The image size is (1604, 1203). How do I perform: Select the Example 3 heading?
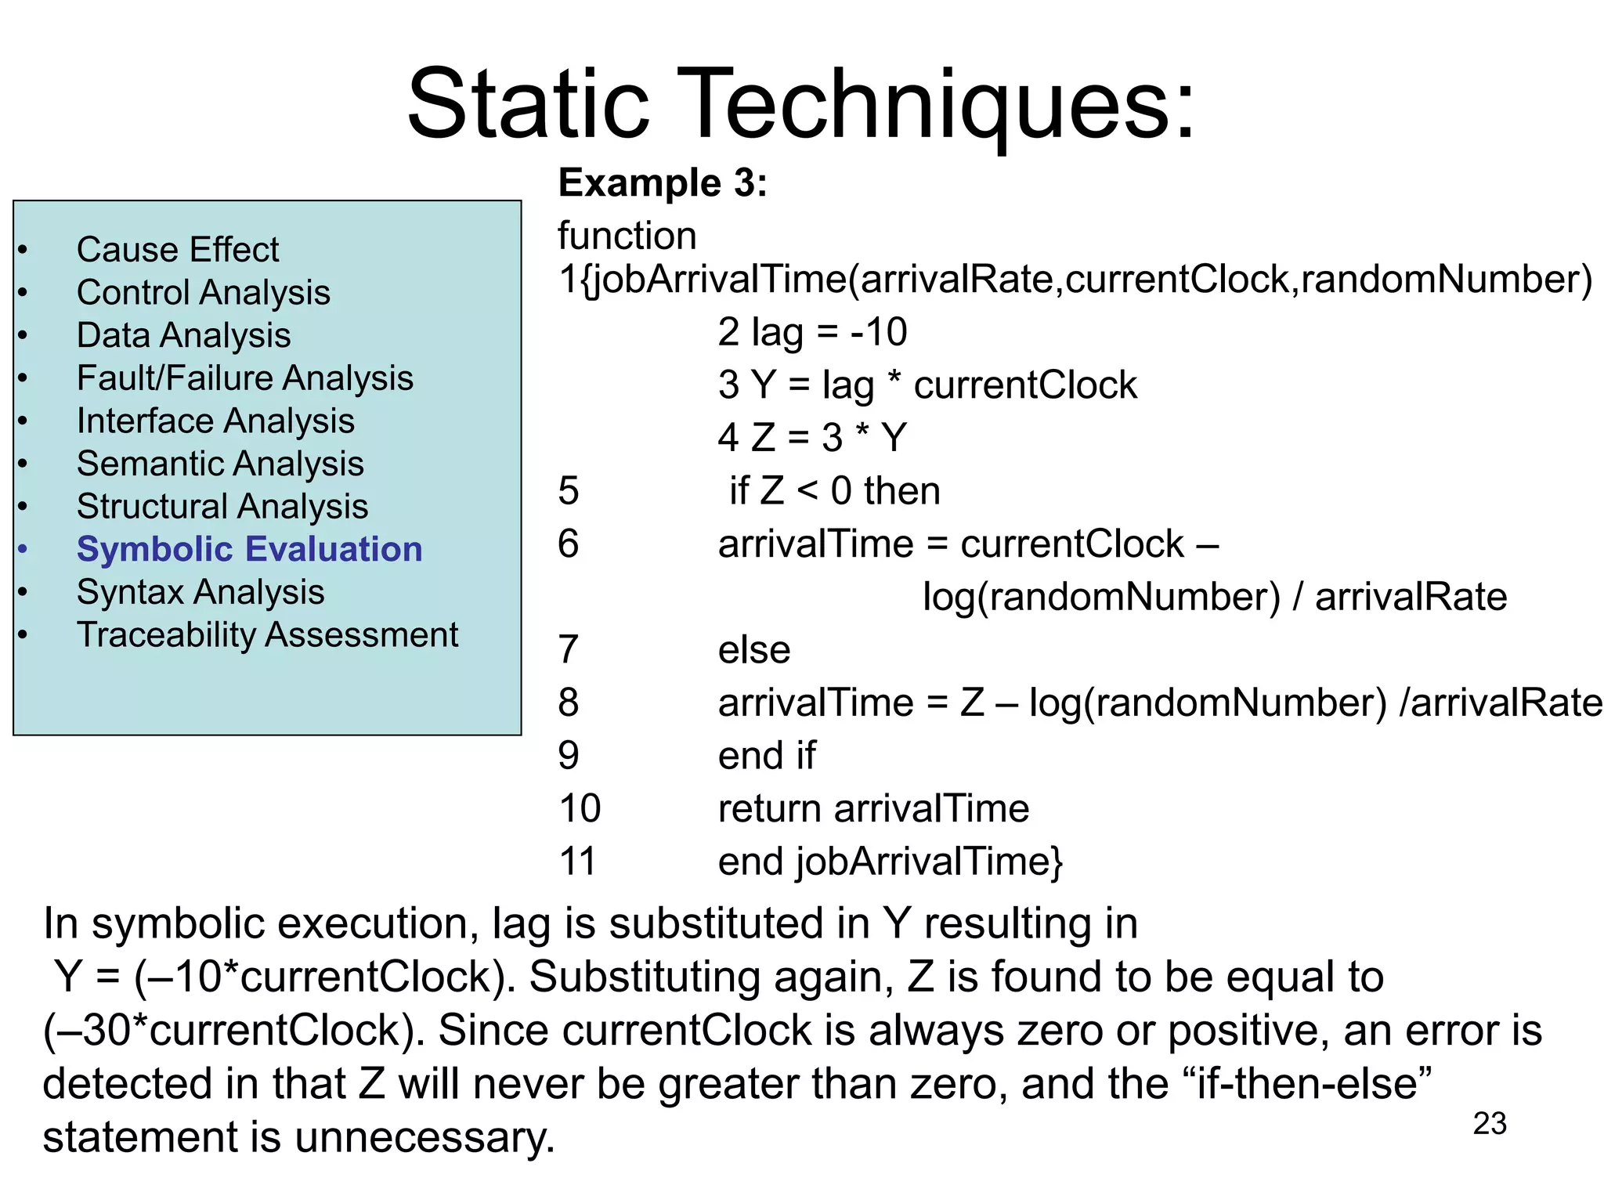[663, 183]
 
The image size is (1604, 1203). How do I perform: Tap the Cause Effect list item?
[178, 250]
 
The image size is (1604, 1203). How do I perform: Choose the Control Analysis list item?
[203, 293]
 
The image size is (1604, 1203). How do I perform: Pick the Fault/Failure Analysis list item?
[244, 378]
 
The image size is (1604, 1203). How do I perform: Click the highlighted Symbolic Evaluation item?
[249, 549]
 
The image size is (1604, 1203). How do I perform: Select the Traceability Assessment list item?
[267, 635]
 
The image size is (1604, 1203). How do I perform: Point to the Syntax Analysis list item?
[200, 592]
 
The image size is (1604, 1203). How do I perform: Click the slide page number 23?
[1490, 1124]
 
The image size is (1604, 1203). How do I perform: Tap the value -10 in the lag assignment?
[879, 332]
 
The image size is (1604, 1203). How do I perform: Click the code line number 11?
[577, 862]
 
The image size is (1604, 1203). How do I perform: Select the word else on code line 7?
[754, 650]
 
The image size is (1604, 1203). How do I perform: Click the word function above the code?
[627, 236]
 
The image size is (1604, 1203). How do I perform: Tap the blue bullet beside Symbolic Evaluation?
[23, 549]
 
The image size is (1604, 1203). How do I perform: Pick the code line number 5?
[569, 491]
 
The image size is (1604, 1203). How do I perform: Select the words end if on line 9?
[767, 756]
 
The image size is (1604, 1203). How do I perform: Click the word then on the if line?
[901, 491]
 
